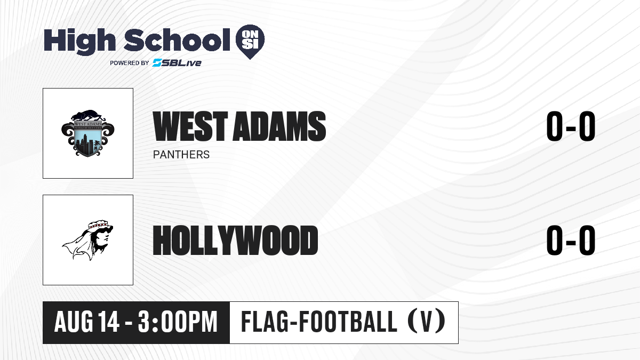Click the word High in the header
(79, 42)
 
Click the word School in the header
(177, 40)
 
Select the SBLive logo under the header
(177, 63)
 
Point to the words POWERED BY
(130, 63)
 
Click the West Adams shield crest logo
(88, 133)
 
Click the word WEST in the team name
(190, 126)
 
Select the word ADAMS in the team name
(279, 126)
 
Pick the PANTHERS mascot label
(181, 155)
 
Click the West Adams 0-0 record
(571, 126)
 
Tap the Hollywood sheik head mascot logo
(87, 240)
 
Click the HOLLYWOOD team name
(235, 241)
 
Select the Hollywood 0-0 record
(571, 241)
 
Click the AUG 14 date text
(87, 322)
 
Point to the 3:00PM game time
(178, 322)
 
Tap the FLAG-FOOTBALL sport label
(319, 322)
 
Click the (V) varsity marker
(426, 322)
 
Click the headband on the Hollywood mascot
(99, 225)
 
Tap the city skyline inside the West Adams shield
(87, 143)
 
